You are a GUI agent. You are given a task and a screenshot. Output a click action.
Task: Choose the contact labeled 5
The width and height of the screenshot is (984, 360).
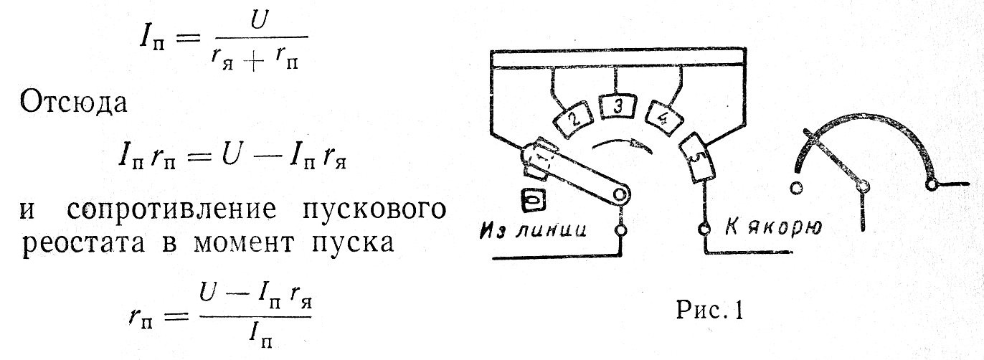[x=695, y=158]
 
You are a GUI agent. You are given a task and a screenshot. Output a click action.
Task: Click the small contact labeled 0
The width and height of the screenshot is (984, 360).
[x=531, y=202]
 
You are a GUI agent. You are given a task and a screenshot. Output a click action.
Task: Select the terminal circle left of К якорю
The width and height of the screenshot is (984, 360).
[x=705, y=229]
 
